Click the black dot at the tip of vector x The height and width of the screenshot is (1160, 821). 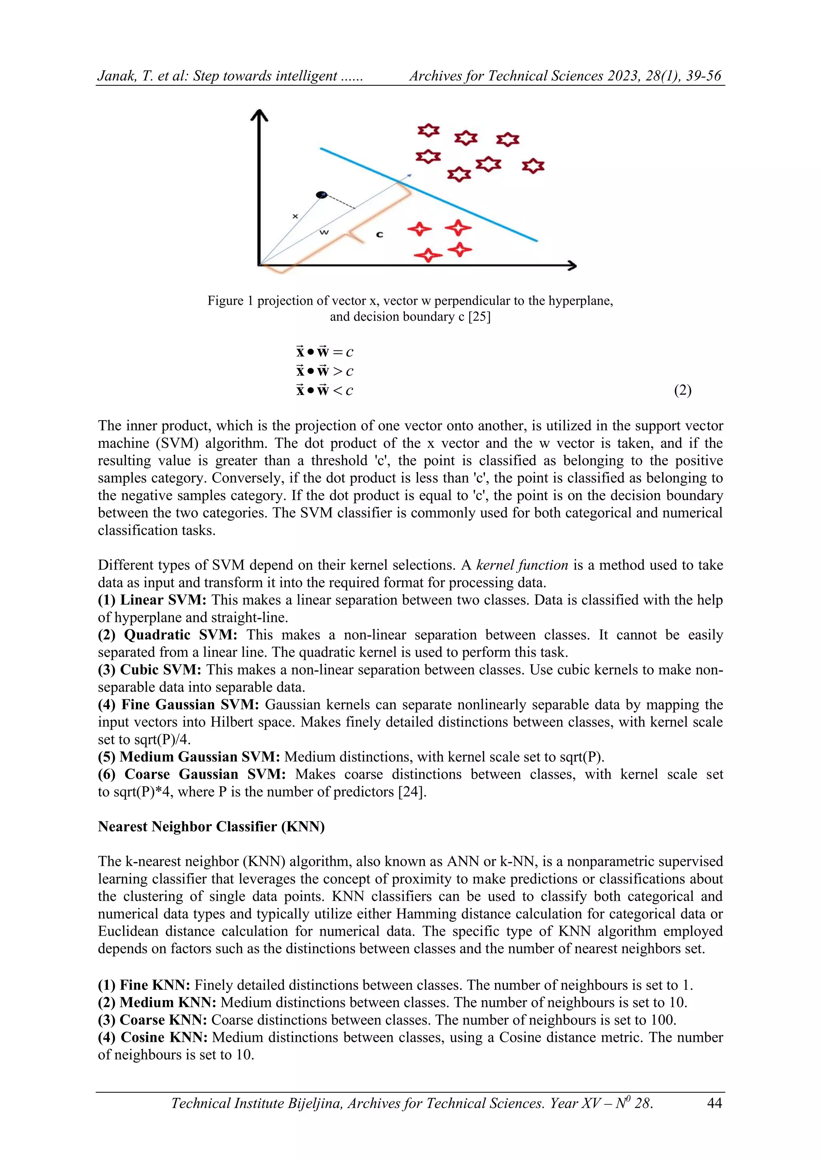[322, 195]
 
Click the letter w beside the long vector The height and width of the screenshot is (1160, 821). [324, 232]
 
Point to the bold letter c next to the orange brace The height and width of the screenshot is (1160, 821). [380, 234]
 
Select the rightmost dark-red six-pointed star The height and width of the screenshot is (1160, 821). [533, 166]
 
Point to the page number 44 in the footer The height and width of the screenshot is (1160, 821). [714, 1103]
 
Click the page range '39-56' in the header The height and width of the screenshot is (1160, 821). [703, 76]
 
